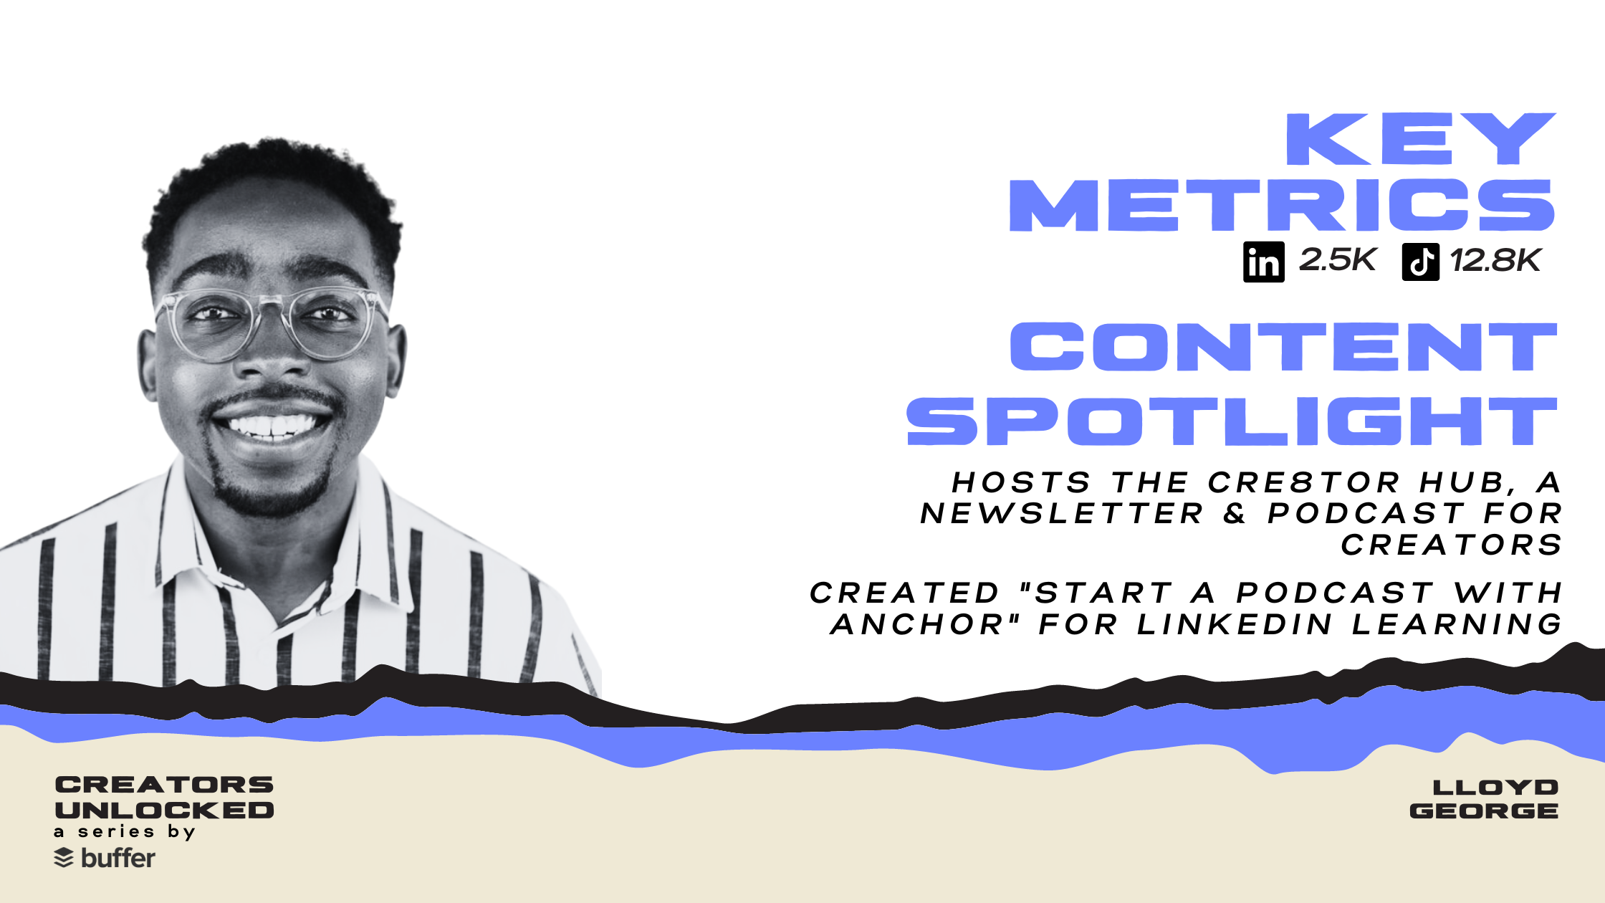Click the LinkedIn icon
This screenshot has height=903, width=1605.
pyautogui.click(x=1264, y=262)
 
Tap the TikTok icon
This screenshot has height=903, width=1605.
pyautogui.click(x=1421, y=262)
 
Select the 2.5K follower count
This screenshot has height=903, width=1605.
pyautogui.click(x=1337, y=260)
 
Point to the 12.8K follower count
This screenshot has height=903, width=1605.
pyautogui.click(x=1495, y=261)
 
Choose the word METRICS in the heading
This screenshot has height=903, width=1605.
pyautogui.click(x=1282, y=206)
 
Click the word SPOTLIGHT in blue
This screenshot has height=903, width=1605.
pyautogui.click(x=1232, y=421)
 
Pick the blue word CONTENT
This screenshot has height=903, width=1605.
pyautogui.click(x=1283, y=347)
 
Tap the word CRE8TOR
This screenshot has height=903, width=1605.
pyautogui.click(x=1303, y=482)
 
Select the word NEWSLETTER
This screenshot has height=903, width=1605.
pyautogui.click(x=1062, y=513)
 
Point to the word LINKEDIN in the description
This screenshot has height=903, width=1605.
pyautogui.click(x=1235, y=624)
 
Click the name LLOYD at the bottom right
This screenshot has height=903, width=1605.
pyautogui.click(x=1495, y=788)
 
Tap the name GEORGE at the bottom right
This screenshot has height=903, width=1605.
pyautogui.click(x=1484, y=811)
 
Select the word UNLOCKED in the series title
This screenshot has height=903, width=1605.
pyautogui.click(x=164, y=810)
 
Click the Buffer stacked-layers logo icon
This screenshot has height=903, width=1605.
pyautogui.click(x=64, y=858)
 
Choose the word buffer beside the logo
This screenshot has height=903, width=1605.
pyautogui.click(x=118, y=857)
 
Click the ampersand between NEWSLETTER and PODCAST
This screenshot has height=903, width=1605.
pyautogui.click(x=1235, y=513)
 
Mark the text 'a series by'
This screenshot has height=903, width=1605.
pyautogui.click(x=125, y=832)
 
